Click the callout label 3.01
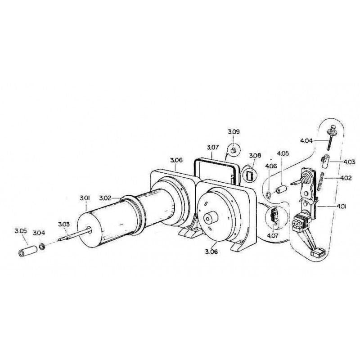tap(85, 198)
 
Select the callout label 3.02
tap(105, 198)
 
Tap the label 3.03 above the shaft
tap(63, 224)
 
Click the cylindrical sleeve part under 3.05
tap(28, 251)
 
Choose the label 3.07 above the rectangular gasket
tap(213, 147)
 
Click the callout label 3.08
tap(255, 156)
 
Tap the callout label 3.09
tap(234, 132)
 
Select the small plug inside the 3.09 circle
tap(234, 151)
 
